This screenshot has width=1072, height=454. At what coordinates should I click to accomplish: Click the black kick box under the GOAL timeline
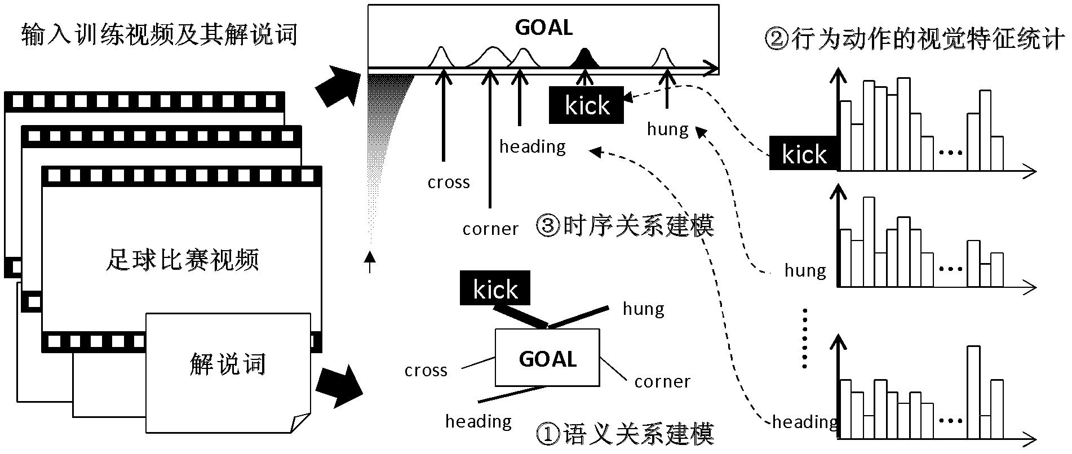[587, 105]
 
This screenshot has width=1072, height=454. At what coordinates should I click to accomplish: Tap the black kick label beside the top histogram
[804, 154]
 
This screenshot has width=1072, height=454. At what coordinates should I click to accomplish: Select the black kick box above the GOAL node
[495, 288]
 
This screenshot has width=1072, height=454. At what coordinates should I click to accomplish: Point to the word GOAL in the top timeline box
[543, 28]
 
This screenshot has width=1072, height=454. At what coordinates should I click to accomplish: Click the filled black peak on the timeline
[586, 58]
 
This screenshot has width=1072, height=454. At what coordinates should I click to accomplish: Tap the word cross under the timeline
[449, 183]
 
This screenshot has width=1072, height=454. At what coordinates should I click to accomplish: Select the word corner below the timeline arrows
[490, 229]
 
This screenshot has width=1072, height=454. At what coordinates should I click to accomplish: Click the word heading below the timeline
[533, 146]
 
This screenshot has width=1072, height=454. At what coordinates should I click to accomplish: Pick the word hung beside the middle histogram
[805, 271]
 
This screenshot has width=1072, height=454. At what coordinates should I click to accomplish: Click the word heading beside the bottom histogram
[805, 422]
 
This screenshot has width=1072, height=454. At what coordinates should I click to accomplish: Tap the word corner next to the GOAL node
[662, 382]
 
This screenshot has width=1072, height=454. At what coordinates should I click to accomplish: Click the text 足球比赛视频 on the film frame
[182, 260]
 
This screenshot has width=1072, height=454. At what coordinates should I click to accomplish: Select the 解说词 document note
[228, 365]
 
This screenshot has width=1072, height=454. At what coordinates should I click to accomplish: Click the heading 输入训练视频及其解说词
[160, 35]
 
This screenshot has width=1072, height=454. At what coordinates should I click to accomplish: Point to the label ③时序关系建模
[624, 226]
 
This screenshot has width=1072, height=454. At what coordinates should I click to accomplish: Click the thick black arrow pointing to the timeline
[339, 85]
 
